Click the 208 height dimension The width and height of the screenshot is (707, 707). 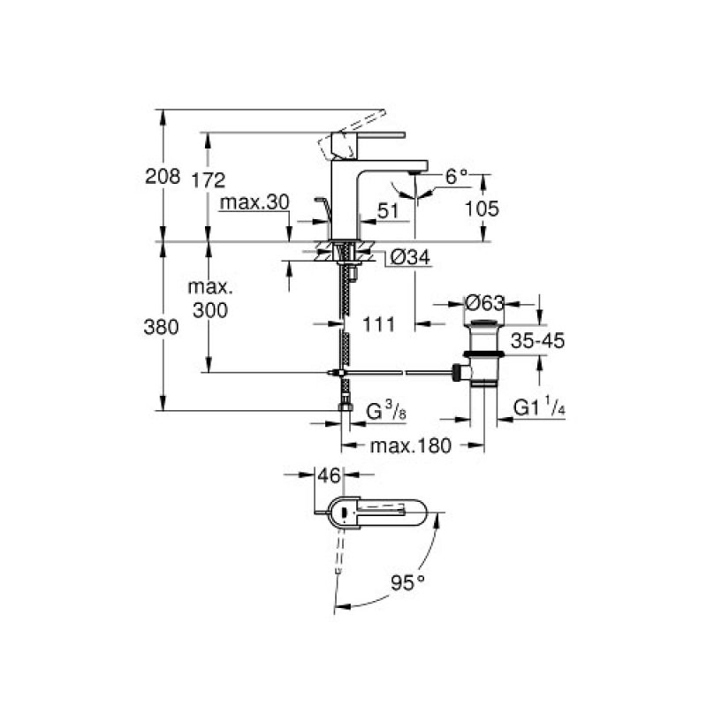click(x=163, y=176)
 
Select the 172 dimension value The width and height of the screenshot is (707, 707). click(x=208, y=180)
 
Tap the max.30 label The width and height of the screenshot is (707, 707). click(x=255, y=202)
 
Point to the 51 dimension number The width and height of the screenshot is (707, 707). click(x=388, y=210)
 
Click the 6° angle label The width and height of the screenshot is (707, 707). click(x=457, y=176)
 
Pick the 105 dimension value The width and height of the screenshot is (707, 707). click(x=482, y=209)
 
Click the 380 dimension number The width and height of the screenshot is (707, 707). click(x=161, y=327)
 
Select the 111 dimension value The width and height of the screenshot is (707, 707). click(x=378, y=324)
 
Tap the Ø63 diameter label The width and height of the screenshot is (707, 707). click(x=484, y=302)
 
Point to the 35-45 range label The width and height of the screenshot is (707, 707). click(x=537, y=341)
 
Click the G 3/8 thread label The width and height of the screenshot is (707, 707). click(x=386, y=412)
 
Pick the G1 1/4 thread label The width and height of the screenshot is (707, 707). click(x=539, y=407)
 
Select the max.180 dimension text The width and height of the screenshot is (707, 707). click(x=410, y=445)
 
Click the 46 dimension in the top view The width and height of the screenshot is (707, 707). click(x=329, y=475)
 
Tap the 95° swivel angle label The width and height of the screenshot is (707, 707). click(x=407, y=583)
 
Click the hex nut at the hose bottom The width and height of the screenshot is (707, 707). click(x=346, y=407)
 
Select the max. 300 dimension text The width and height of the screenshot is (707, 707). click(x=210, y=299)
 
